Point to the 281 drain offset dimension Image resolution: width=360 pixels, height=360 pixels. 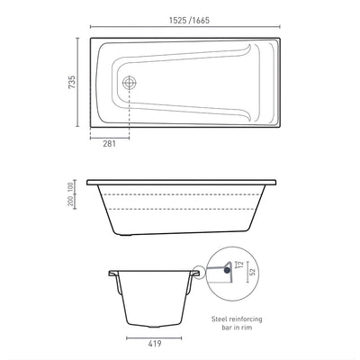click(109, 141)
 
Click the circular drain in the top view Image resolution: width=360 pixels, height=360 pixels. click(130, 80)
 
